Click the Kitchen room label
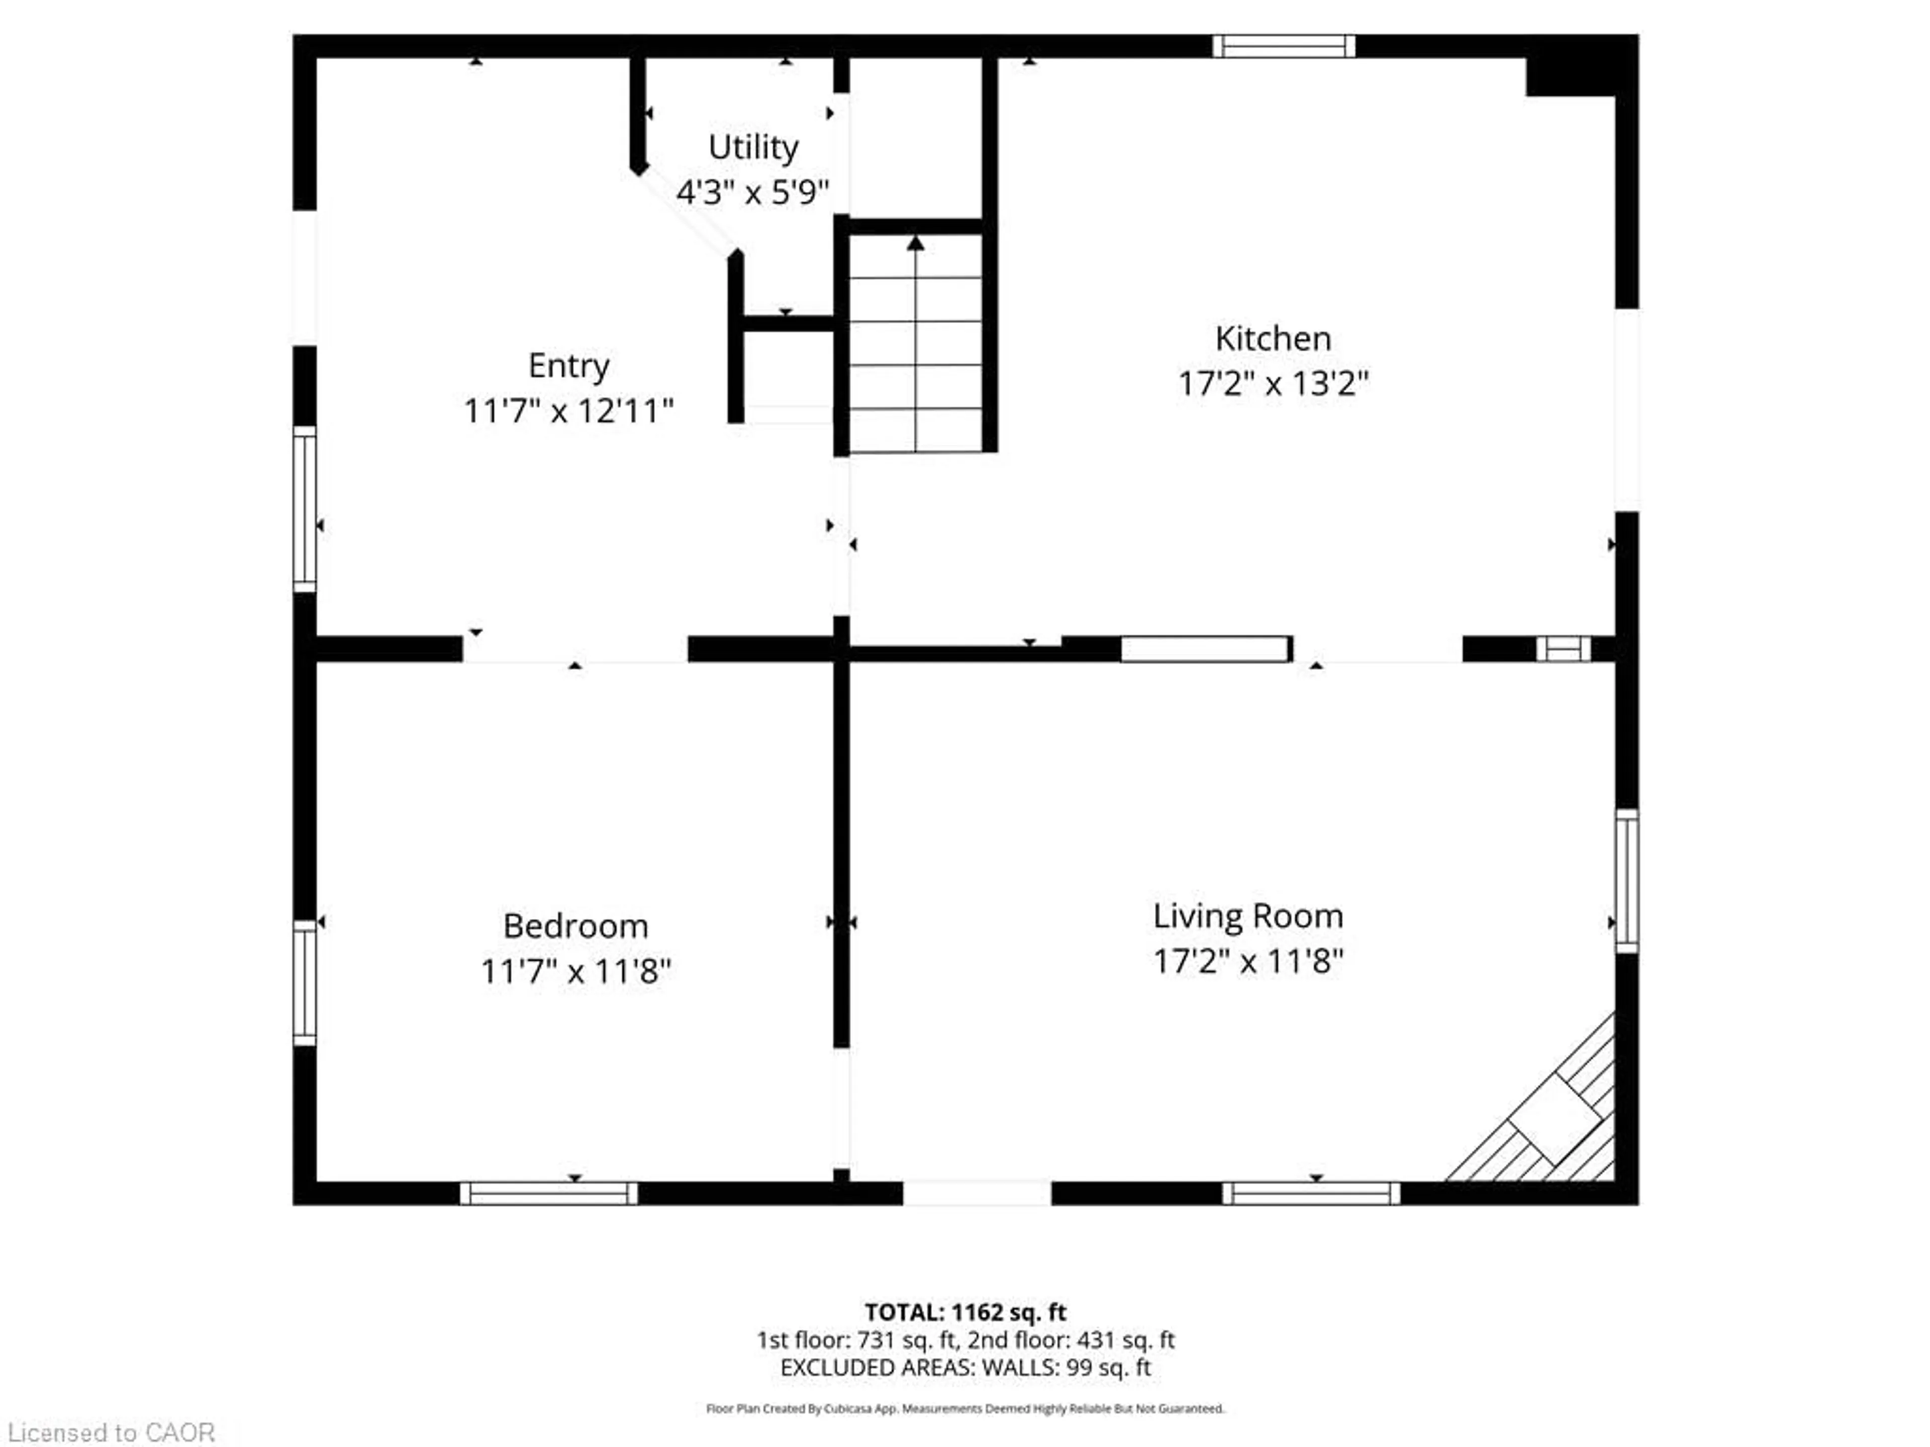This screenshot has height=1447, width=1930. point(1273,339)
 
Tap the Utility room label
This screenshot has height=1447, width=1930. point(753,147)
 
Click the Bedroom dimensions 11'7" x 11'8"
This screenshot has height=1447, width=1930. point(576,971)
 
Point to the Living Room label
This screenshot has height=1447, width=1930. point(1247,916)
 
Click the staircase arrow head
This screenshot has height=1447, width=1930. point(915,243)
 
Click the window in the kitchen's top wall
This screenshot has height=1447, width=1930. point(1284,46)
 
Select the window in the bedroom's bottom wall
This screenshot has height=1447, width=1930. point(549,1193)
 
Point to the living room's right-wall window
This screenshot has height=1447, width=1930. point(1626,881)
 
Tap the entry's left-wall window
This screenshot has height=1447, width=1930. point(305,508)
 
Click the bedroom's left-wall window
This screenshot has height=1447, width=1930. point(305,983)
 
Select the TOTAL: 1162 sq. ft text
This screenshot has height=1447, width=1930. point(965,1312)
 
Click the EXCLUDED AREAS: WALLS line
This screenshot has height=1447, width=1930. point(965,1368)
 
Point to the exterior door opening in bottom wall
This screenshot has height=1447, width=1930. point(977,1193)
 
